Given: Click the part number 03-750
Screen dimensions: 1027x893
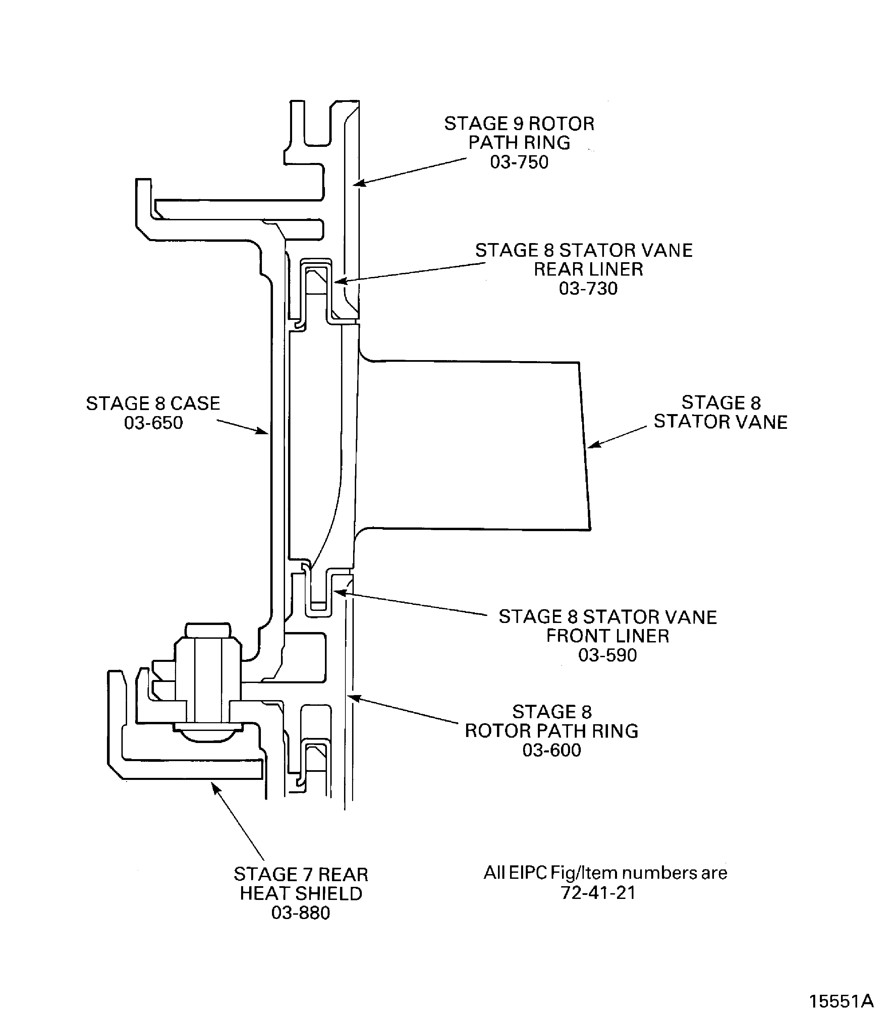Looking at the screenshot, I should (519, 162).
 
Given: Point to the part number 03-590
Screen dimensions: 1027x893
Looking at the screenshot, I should (607, 655).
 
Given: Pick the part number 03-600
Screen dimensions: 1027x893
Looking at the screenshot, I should (552, 750).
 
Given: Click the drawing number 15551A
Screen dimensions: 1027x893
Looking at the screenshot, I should (841, 1001).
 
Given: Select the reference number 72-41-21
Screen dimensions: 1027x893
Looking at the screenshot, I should (599, 893).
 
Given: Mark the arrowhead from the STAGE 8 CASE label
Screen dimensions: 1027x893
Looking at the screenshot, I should (265, 433).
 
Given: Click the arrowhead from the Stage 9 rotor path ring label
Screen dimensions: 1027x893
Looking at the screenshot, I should (357, 184).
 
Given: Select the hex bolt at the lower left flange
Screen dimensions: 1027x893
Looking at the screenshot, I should (208, 683).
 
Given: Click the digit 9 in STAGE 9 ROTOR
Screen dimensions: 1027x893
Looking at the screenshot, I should (518, 124).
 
